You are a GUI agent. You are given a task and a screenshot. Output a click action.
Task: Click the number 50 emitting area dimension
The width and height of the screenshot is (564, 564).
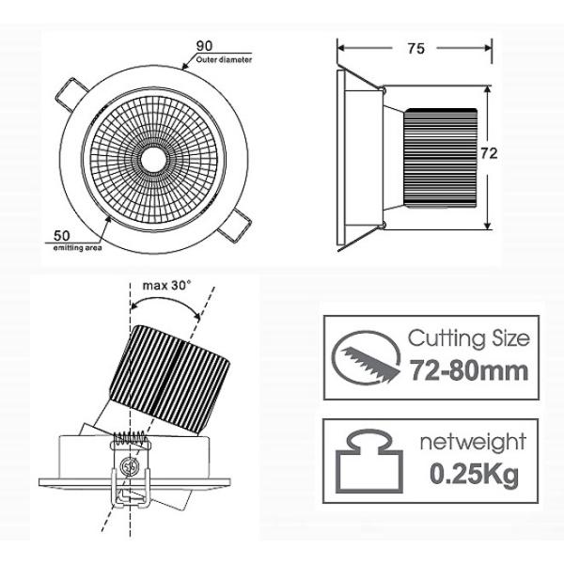click(x=62, y=235)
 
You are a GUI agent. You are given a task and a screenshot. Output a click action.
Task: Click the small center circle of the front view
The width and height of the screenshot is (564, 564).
click(x=150, y=160)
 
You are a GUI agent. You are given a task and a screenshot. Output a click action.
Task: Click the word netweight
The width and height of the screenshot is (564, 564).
click(x=472, y=443)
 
